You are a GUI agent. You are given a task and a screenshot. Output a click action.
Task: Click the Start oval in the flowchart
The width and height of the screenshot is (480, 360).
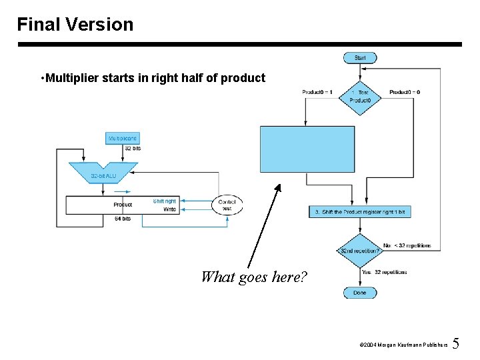360,58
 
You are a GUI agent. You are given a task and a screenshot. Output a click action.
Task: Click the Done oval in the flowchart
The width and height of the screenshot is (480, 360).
360,293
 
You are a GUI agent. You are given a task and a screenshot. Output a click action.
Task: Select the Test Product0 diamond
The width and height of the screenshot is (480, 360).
360,97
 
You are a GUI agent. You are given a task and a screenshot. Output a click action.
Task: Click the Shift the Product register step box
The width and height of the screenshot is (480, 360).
360,211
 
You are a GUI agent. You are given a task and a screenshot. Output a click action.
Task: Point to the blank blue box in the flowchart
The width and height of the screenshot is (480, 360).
307,149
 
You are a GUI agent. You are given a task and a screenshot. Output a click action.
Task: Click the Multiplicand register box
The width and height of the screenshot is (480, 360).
123,139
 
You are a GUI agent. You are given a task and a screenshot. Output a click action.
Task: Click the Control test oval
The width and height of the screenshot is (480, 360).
227,205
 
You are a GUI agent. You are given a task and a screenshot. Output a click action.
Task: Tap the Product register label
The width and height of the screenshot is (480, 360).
123,205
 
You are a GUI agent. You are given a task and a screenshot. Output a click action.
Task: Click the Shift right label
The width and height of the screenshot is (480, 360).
165,201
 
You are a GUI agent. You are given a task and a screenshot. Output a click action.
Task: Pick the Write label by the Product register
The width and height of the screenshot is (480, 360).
170,209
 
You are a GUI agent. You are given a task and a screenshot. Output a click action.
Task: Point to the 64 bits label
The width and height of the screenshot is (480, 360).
123,219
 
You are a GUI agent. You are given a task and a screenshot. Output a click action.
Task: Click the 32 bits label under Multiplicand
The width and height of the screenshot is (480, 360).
133,148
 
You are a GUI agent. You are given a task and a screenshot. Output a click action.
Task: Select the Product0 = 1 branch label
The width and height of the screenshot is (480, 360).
317,92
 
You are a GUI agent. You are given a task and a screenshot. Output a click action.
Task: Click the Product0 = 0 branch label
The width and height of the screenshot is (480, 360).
405,92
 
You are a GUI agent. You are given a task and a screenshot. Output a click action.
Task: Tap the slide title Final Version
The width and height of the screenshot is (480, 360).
75,25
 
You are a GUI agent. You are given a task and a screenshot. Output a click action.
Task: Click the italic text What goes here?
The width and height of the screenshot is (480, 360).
254,276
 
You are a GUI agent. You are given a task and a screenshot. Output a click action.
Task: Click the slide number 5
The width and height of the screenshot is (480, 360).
456,344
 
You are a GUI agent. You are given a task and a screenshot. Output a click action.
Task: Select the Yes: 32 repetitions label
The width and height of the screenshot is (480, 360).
384,272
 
